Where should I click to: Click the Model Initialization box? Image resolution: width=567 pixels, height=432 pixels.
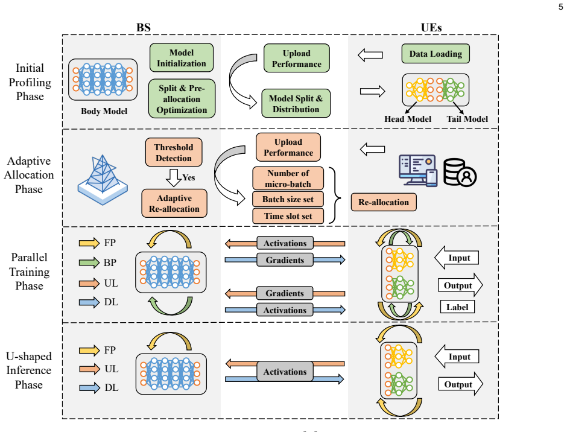pyautogui.click(x=182, y=58)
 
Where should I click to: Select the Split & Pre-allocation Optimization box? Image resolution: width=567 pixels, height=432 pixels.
pyautogui.click(x=182, y=99)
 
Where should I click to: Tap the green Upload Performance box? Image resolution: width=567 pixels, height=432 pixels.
pyautogui.click(x=297, y=59)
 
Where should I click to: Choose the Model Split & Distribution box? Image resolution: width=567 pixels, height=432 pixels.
pyautogui.click(x=296, y=104)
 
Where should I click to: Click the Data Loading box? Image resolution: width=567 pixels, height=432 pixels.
pyautogui.click(x=436, y=54)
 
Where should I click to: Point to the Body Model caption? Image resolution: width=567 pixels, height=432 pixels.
pyautogui.click(x=104, y=111)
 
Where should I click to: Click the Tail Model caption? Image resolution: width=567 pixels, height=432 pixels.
pyautogui.click(x=467, y=119)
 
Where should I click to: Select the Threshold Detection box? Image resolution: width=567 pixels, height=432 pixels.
pyautogui.click(x=174, y=152)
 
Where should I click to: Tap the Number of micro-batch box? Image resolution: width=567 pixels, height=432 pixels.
pyautogui.click(x=288, y=179)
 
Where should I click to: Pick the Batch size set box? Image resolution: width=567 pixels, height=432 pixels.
pyautogui.click(x=288, y=199)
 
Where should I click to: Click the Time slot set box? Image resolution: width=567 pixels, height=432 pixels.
pyautogui.click(x=288, y=216)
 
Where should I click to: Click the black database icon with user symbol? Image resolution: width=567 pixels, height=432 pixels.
pyautogui.click(x=460, y=173)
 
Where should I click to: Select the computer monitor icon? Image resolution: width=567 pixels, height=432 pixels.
pyautogui.click(x=418, y=170)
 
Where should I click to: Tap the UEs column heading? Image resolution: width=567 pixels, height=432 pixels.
pyautogui.click(x=431, y=28)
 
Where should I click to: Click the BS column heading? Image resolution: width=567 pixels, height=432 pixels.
pyautogui.click(x=143, y=28)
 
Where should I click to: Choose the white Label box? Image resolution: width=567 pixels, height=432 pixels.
pyautogui.click(x=457, y=307)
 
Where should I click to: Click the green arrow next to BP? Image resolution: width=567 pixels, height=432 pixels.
pyautogui.click(x=89, y=262)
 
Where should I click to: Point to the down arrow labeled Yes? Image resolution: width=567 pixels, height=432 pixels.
pyautogui.click(x=174, y=177)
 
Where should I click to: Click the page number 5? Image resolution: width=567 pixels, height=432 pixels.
pyautogui.click(x=560, y=7)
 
